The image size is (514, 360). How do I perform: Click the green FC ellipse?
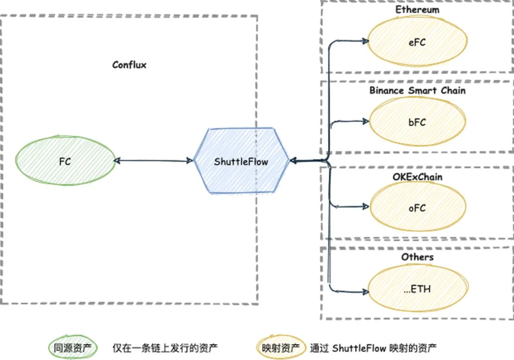coord(65,160)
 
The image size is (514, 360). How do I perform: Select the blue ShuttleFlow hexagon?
coord(241,160)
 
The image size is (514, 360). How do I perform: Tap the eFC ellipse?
coord(417,41)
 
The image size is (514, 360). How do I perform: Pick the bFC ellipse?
coord(417,122)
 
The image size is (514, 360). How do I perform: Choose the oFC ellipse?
coord(417,207)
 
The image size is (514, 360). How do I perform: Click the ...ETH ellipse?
coord(417,289)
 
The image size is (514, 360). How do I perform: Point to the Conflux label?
coord(129,65)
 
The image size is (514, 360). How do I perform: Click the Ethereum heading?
coord(417,10)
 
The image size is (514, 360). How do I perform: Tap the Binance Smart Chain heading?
coord(417,90)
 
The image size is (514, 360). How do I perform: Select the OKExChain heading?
coord(417,177)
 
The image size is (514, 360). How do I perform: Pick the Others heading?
coord(417,257)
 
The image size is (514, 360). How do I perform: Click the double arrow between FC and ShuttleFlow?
coord(153,160)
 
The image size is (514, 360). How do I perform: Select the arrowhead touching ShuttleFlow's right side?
coord(293,160)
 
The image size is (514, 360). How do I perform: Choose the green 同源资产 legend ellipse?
coord(73,348)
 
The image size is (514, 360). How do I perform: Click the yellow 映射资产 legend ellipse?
coord(281,348)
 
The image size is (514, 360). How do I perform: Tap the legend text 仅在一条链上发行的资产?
coord(165,348)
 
